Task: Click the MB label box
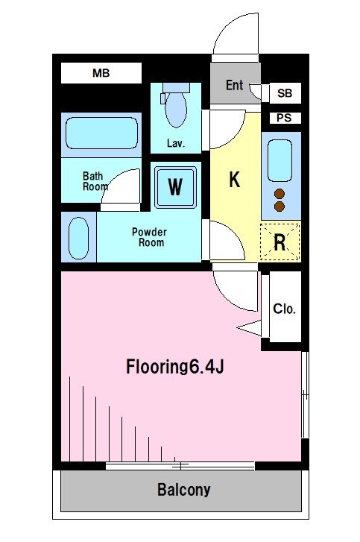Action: coord(101,73)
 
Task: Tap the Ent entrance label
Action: coord(235,85)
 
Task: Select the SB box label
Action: coord(285,93)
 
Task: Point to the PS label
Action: coord(284,118)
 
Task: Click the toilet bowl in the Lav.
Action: coord(176,109)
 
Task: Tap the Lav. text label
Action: coord(176,143)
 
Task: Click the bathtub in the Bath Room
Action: coord(101,133)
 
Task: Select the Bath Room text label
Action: coord(95,181)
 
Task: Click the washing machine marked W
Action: coord(175,187)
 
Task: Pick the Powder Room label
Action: coord(150,237)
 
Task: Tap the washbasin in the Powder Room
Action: coord(79,238)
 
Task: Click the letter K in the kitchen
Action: coord(235,179)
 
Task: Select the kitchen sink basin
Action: coord(280,161)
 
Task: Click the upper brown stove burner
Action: coord(280,194)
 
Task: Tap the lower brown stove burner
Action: coord(280,207)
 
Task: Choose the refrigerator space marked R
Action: coord(280,242)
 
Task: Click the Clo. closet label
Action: coord(284,309)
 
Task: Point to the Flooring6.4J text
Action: coord(175,367)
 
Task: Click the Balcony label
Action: coord(184,490)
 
